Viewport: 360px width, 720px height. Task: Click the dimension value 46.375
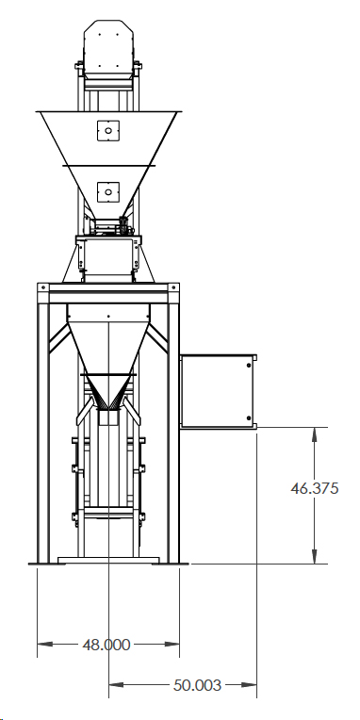point(315,488)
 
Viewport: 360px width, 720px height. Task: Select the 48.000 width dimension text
point(107,646)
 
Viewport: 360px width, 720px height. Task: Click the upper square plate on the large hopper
point(108,130)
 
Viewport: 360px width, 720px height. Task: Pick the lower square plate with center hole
point(108,191)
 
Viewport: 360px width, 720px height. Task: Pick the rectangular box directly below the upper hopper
point(108,258)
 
